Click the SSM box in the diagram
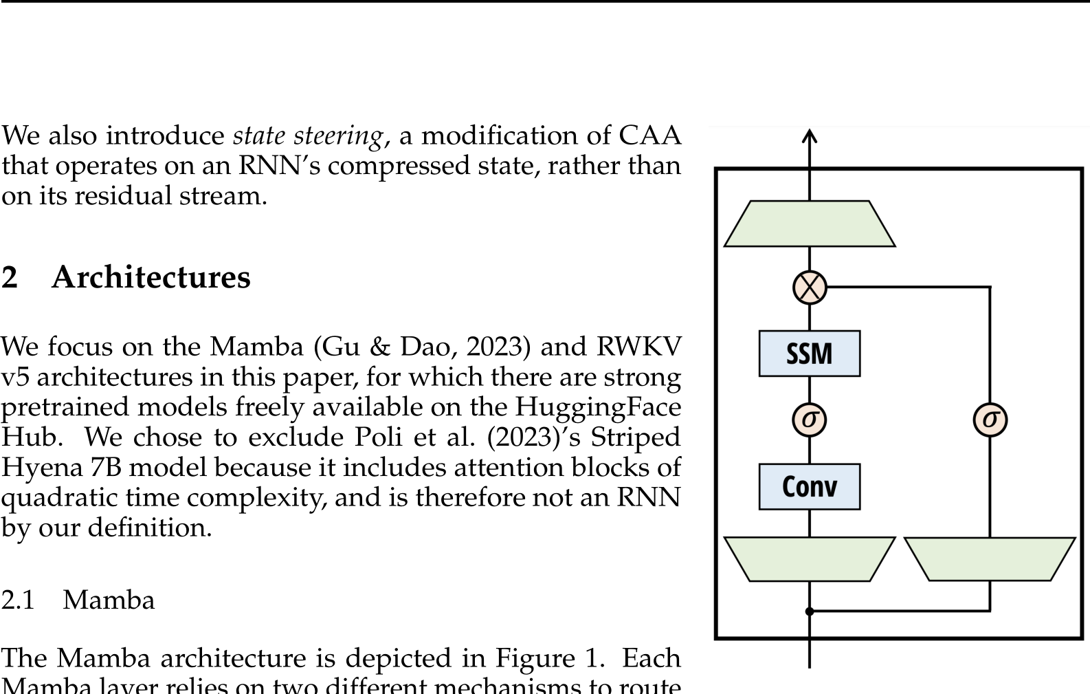[x=809, y=354]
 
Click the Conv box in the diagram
[x=809, y=486]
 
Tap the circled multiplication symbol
[x=810, y=287]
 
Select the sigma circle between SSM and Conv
[x=809, y=420]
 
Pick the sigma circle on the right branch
[x=990, y=420]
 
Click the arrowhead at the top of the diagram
[x=810, y=136]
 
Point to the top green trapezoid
[x=810, y=224]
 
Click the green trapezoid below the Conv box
[x=810, y=559]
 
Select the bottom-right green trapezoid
[x=990, y=559]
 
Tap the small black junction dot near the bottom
[x=810, y=611]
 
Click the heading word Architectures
[x=151, y=277]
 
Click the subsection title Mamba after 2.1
[x=109, y=600]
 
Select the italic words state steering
[x=307, y=136]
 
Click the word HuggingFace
[x=598, y=407]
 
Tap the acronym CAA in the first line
[x=649, y=135]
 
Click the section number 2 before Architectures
[x=10, y=277]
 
